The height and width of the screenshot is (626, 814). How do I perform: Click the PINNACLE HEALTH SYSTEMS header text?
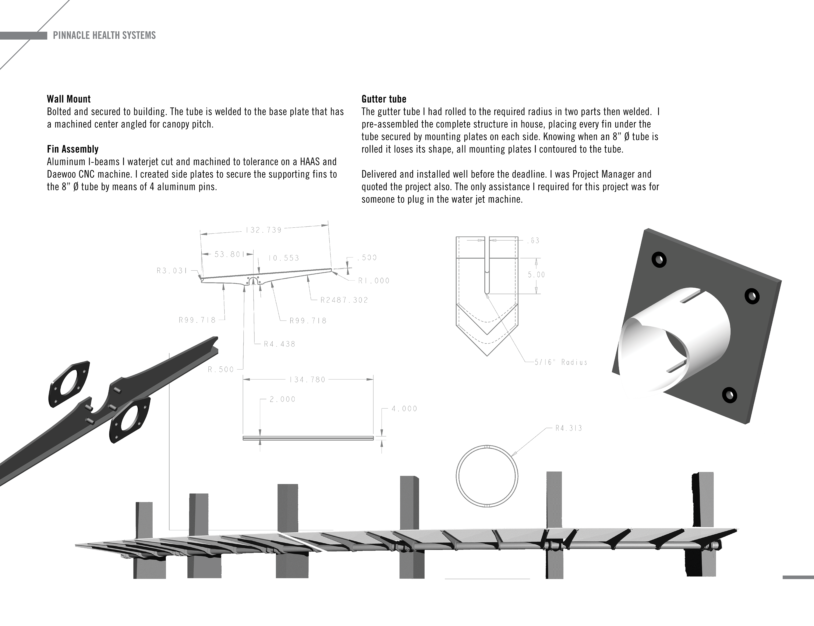[x=104, y=35]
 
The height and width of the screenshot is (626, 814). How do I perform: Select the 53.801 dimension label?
[x=229, y=255]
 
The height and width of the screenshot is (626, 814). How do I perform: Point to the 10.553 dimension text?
[x=284, y=258]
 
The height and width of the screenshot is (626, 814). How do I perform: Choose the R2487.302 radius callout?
[x=344, y=300]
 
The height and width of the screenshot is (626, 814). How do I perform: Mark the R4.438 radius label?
[x=280, y=344]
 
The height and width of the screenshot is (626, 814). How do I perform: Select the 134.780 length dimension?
[x=307, y=380]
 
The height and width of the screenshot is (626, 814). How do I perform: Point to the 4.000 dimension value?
[x=404, y=409]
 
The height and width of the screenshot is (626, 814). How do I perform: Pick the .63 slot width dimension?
[x=533, y=241]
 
